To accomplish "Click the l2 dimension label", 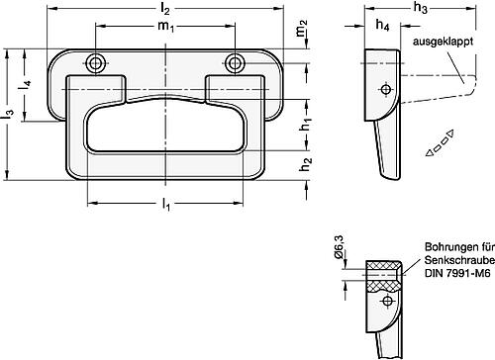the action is coord(165,9).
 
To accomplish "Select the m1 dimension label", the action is coord(165,26).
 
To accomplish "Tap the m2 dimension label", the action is coord(302,28).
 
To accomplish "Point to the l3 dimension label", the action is coord(9,114).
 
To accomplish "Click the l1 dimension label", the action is coord(165,205).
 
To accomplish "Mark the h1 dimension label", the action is coord(305,123).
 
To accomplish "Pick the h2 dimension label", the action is coord(305,163).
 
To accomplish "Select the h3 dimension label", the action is coord(421,8).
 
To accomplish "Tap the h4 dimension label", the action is coord(382,25).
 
